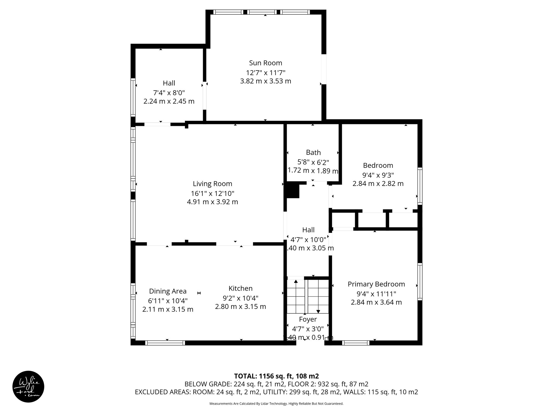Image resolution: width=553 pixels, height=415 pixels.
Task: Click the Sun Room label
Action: (265, 63)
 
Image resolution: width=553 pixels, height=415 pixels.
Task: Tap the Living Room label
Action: (212, 184)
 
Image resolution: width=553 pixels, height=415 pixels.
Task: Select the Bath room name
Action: (313, 152)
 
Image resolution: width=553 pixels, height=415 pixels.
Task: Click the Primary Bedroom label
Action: (376, 284)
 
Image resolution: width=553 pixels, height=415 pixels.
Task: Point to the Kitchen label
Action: (240, 288)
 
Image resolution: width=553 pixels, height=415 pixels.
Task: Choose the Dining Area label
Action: (168, 291)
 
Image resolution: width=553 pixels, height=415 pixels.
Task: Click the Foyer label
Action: (308, 319)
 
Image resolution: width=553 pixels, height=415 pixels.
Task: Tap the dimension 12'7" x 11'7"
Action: (265, 73)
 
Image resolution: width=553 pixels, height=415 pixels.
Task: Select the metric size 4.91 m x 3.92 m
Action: (212, 202)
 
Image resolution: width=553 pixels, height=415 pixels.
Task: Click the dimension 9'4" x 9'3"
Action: (378, 175)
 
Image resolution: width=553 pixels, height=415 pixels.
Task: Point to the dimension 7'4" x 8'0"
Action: (169, 93)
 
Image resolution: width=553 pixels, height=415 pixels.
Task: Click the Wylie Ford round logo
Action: (28, 387)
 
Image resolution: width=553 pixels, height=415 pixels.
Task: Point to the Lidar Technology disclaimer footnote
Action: (276, 404)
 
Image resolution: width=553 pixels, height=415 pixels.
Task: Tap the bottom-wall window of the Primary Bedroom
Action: (356, 343)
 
